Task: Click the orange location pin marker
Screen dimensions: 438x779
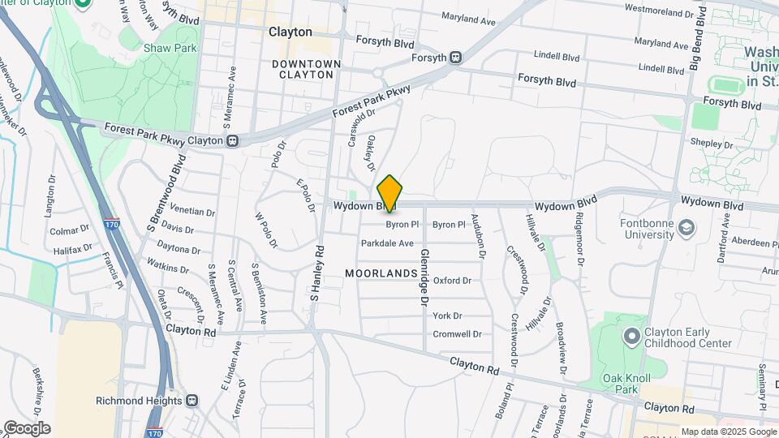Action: pyautogui.click(x=390, y=194)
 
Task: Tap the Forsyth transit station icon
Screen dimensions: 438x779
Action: pyautogui.click(x=456, y=58)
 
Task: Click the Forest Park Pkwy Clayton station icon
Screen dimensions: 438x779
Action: pyautogui.click(x=233, y=140)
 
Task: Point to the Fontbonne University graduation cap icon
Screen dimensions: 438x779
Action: pyautogui.click(x=688, y=227)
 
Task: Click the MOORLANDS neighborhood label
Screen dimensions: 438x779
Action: pyautogui.click(x=381, y=274)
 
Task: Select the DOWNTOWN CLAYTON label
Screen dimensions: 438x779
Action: pyautogui.click(x=303, y=69)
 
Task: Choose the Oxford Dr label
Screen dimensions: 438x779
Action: pyautogui.click(x=452, y=281)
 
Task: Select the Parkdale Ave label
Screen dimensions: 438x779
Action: pyautogui.click(x=387, y=243)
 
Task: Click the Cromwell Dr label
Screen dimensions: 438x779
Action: pyautogui.click(x=458, y=334)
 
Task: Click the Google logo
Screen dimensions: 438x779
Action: pyautogui.click(x=27, y=427)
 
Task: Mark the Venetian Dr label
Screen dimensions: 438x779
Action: pyautogui.click(x=187, y=212)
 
